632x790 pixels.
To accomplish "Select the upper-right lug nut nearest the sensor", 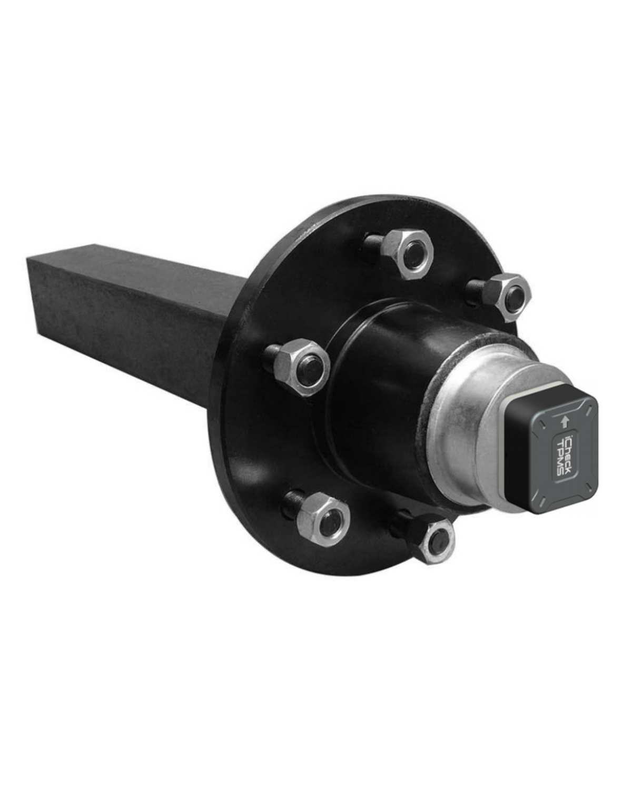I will (506, 297).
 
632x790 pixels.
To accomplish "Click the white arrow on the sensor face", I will (566, 420).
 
